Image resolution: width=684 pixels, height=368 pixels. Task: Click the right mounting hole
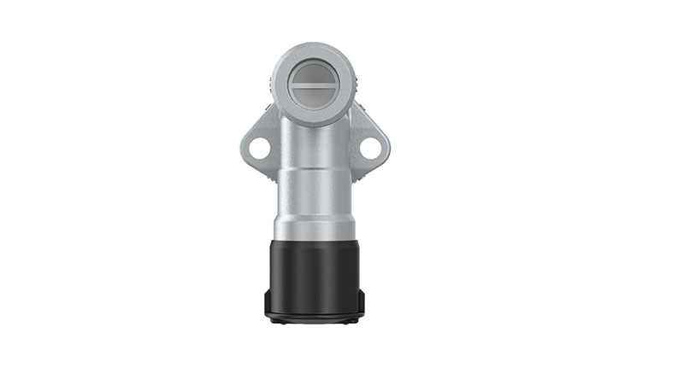(370, 148)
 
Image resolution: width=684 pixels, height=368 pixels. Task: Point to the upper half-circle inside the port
(314, 73)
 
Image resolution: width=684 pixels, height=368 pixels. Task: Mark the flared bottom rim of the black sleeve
(315, 315)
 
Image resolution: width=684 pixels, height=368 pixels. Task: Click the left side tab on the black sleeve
(268, 301)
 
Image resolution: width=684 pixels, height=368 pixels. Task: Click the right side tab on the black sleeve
(362, 301)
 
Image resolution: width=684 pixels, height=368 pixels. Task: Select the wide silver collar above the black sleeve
(315, 218)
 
